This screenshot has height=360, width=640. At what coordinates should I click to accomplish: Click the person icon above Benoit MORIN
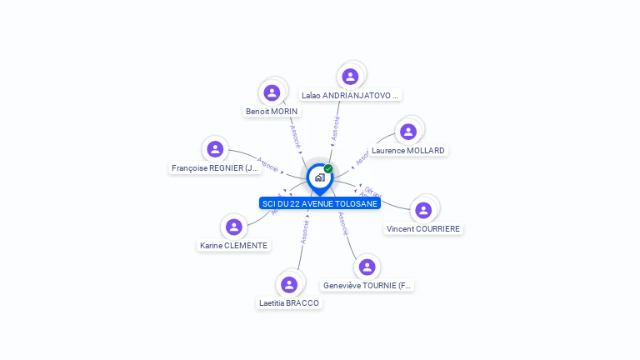click(272, 92)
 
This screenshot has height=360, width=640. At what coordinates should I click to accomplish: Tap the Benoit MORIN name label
click(272, 111)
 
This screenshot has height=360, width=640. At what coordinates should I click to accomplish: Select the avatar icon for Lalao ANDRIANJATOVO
click(350, 77)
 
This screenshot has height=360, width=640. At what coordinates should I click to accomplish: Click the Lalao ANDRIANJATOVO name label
click(351, 95)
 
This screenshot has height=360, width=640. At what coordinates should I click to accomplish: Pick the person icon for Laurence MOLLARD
click(408, 132)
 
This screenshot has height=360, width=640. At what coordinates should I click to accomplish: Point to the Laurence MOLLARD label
click(408, 151)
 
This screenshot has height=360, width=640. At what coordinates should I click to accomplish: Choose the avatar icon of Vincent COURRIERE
click(423, 210)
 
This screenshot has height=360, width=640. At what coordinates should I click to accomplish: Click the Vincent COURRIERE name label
click(423, 228)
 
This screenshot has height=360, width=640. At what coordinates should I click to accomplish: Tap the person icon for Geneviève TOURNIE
click(367, 267)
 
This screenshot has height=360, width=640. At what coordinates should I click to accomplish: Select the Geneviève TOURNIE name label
click(367, 286)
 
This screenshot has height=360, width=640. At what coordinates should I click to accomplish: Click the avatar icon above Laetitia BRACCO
click(289, 284)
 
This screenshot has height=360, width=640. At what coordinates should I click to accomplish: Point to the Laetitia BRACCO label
click(289, 303)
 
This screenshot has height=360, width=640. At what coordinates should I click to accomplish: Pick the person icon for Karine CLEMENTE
click(234, 227)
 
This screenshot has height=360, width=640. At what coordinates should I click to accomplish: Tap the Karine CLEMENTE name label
click(234, 246)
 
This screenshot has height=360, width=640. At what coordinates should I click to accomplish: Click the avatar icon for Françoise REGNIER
click(215, 149)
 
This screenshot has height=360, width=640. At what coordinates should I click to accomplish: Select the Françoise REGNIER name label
click(216, 168)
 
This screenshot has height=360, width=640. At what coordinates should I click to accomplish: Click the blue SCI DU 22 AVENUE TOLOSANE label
click(319, 203)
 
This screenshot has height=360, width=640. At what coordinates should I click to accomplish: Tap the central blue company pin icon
click(318, 177)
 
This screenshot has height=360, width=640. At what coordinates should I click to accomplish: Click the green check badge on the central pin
click(328, 169)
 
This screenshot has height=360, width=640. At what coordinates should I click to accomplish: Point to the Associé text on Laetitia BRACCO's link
click(305, 232)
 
